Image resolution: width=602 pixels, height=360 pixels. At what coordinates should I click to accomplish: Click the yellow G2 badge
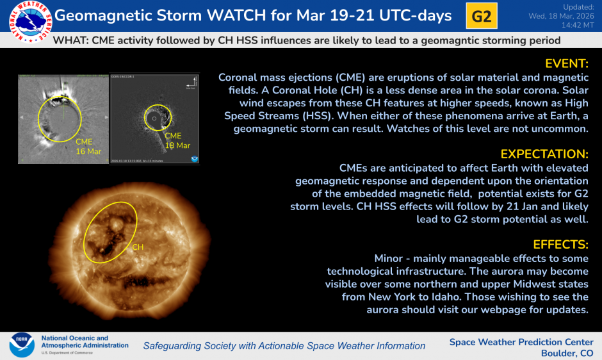click(x=482, y=16)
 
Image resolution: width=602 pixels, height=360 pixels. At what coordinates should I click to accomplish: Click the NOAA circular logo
click(x=21, y=345)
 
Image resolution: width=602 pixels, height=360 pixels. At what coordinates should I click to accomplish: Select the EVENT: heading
click(x=566, y=63)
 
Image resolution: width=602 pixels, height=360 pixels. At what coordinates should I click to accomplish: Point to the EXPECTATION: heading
click(x=544, y=154)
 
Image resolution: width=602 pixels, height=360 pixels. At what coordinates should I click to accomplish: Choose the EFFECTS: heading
click(x=560, y=245)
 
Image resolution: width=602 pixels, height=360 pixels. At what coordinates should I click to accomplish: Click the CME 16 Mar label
click(x=88, y=146)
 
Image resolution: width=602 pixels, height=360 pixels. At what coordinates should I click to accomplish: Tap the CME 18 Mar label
click(x=177, y=141)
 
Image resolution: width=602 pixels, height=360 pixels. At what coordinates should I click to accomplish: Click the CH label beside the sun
click(x=138, y=247)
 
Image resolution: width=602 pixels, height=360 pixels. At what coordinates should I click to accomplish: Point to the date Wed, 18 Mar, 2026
click(x=561, y=15)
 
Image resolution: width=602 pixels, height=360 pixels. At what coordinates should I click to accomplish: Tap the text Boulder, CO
click(x=567, y=353)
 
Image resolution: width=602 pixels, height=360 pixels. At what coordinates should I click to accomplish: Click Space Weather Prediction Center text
click(x=521, y=342)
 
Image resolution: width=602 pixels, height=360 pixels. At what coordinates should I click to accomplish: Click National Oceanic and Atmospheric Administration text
click(x=85, y=341)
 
